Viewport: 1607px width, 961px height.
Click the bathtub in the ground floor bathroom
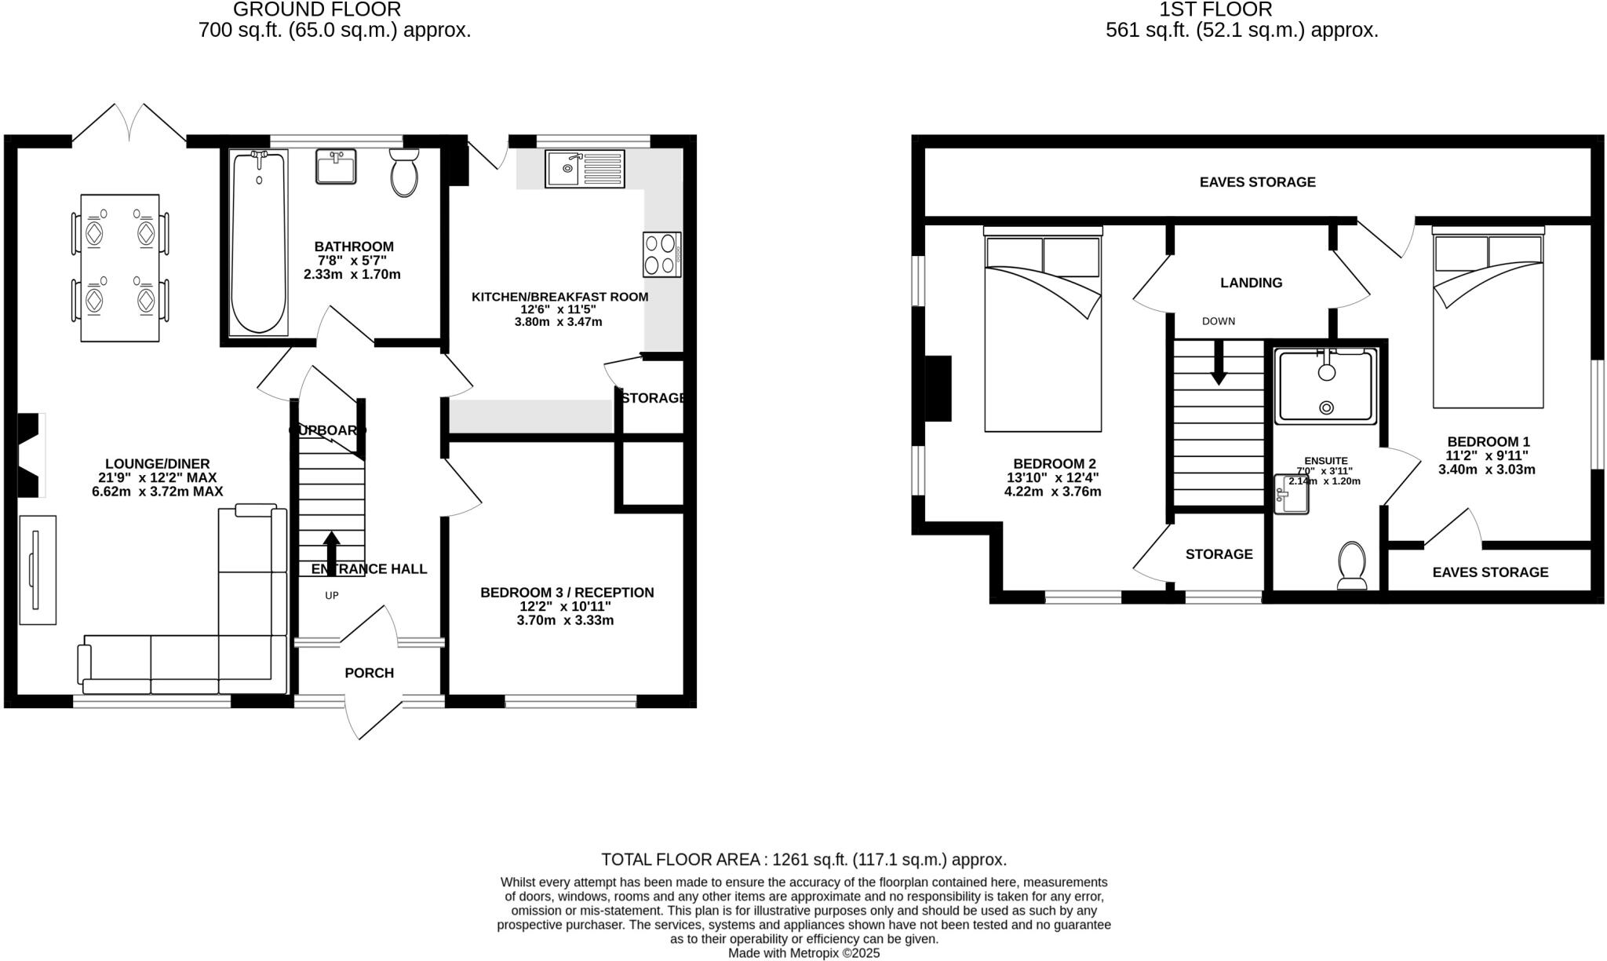point(259,243)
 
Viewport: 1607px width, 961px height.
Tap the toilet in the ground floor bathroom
point(404,173)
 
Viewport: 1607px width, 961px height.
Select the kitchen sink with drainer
point(585,169)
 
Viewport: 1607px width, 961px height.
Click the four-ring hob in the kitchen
point(661,254)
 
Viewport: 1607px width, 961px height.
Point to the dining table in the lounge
point(120,267)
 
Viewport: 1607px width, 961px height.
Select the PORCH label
point(369,673)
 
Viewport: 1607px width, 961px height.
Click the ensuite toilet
point(1352,565)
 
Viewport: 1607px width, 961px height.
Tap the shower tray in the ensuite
point(1326,387)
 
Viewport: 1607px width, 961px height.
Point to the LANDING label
point(1251,283)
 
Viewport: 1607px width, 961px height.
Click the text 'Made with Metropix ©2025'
point(803,953)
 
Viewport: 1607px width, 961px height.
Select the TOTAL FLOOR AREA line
point(803,859)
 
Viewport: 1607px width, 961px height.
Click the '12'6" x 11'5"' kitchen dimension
point(559,309)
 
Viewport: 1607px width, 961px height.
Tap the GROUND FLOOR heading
point(317,9)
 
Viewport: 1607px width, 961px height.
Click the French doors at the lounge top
point(129,126)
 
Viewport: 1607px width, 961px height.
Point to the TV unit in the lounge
point(37,569)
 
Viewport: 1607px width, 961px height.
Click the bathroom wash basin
point(336,166)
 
